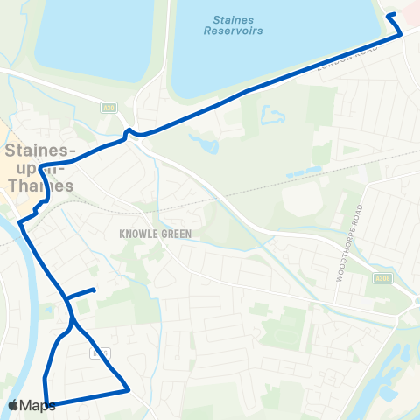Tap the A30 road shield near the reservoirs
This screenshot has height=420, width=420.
(x=108, y=108)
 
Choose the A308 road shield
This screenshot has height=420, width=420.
(x=379, y=278)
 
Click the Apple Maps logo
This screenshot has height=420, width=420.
(x=31, y=406)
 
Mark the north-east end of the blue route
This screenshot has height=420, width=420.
(x=388, y=15)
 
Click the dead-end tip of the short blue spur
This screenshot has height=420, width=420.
(x=94, y=290)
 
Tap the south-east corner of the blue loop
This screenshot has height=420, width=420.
(x=129, y=389)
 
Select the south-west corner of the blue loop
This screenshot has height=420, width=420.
(x=45, y=404)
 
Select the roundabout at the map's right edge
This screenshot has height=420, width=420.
(x=417, y=301)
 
